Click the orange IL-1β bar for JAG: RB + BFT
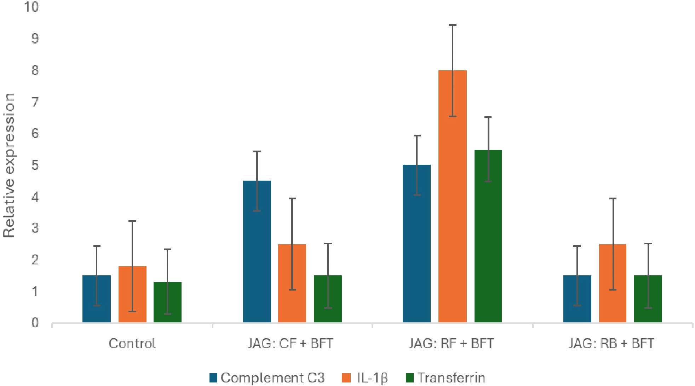click(x=613, y=283)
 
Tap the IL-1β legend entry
click(x=365, y=378)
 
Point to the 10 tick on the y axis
click(x=31, y=6)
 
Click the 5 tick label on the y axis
click(x=35, y=165)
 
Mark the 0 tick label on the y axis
click(x=35, y=322)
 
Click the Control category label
click(x=132, y=343)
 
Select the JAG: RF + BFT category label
click(x=452, y=343)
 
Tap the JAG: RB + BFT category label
click(x=611, y=343)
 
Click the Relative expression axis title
click(x=9, y=165)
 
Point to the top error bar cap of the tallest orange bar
click(x=452, y=25)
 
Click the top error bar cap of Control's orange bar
click(x=132, y=221)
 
